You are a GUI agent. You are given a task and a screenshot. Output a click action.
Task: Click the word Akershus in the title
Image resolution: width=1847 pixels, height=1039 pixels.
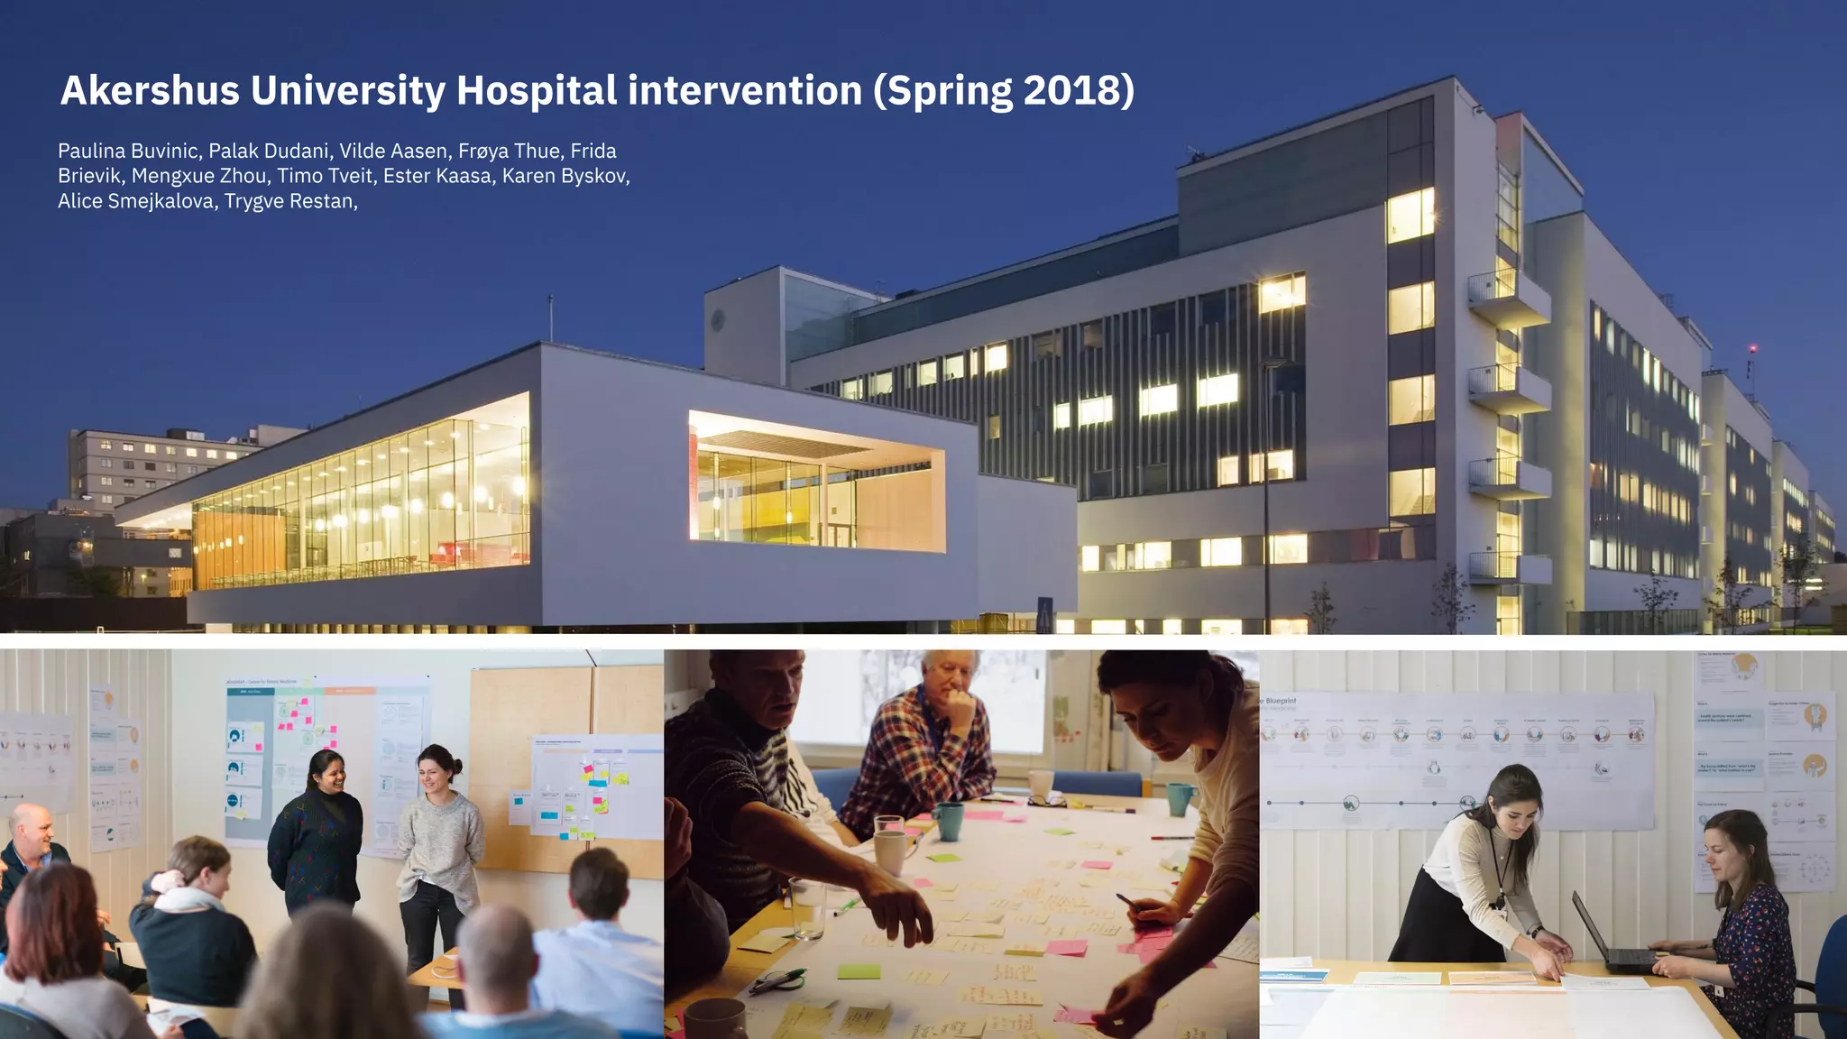(x=150, y=90)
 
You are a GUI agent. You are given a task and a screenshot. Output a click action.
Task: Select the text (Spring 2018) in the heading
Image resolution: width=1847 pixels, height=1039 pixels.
(x=1003, y=91)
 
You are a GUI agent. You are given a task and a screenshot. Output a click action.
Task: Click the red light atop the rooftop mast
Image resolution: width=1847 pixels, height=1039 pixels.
(x=1752, y=348)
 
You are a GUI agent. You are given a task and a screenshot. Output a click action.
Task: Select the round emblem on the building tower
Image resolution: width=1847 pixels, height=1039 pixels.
(x=718, y=319)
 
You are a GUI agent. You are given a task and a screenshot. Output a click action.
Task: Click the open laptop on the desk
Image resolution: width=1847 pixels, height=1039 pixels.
(x=1614, y=938)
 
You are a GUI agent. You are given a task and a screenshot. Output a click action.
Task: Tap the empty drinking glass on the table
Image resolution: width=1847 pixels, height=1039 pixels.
(x=807, y=906)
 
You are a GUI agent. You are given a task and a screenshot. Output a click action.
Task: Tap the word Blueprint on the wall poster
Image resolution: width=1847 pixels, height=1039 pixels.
(x=1281, y=701)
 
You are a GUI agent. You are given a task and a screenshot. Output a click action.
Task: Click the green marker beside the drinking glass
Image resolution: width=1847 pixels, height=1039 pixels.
(x=846, y=905)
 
